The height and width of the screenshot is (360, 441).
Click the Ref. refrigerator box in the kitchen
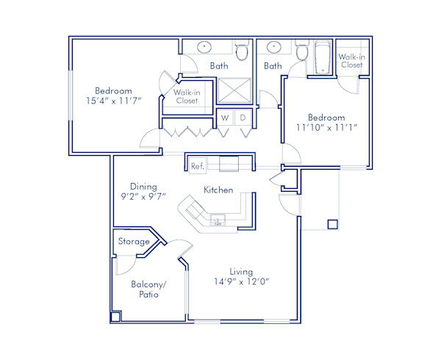click(197, 166)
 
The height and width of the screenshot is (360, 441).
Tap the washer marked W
click(225, 118)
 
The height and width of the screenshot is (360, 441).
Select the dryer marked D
click(243, 118)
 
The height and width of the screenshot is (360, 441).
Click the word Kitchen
click(218, 190)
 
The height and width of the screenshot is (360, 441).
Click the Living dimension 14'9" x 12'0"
click(240, 281)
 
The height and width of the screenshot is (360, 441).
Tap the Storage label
click(134, 241)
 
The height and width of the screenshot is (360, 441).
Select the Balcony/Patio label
click(148, 289)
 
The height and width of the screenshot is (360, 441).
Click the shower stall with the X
click(235, 91)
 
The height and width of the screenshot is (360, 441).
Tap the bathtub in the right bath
click(323, 58)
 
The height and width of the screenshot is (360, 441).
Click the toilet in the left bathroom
click(241, 51)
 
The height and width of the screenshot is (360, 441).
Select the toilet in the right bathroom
click(301, 51)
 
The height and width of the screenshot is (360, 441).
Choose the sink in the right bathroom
click(274, 48)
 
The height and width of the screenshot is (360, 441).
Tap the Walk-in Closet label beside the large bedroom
click(186, 97)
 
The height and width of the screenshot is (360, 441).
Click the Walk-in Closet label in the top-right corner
click(351, 60)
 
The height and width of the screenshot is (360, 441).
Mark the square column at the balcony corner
click(115, 317)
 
